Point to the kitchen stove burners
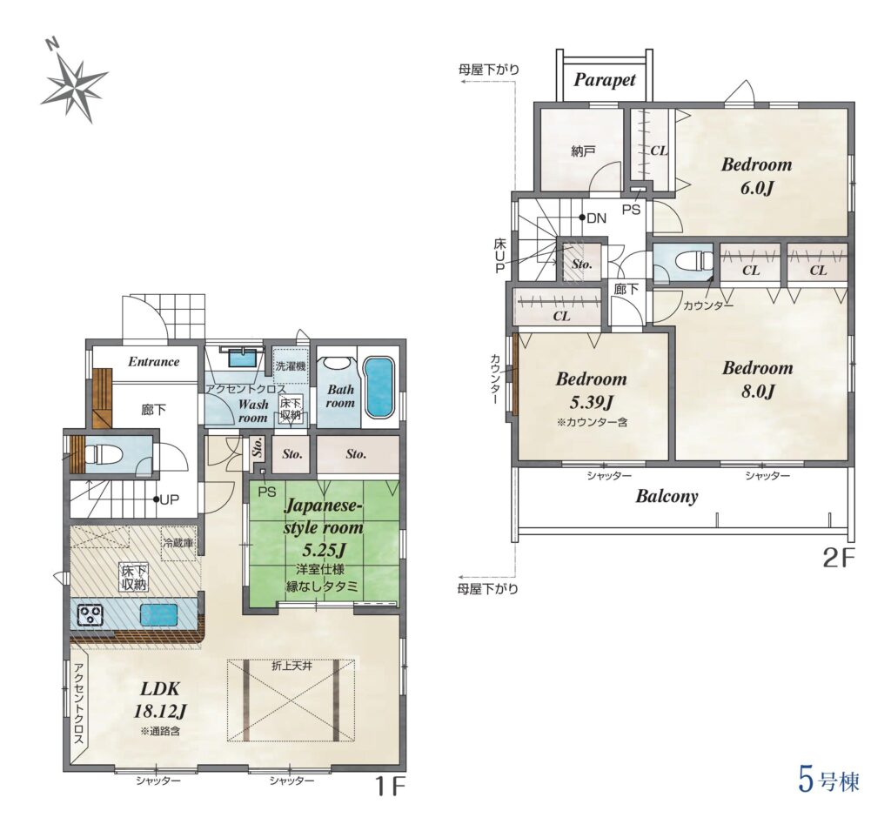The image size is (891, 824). pos(90,615)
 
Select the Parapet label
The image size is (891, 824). pos(604,80)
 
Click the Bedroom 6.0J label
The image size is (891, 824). pos(757,176)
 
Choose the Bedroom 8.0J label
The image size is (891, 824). pos(758,379)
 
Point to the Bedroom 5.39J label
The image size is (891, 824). pos(591,391)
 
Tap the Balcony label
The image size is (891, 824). pos(667,496)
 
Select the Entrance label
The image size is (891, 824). pos(153,361)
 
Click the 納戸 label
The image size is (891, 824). pos(583,151)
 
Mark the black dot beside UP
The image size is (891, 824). pos(155,499)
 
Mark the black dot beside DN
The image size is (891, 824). pos(582,217)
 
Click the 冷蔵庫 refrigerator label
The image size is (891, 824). pos(178,543)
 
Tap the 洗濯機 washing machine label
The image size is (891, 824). pos(291,366)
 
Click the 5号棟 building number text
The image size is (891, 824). pos(828,780)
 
